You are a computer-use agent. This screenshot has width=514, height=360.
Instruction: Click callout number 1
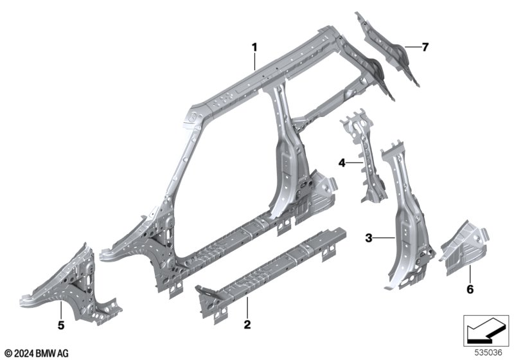(x=254, y=48)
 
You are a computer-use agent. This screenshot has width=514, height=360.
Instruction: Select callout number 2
(x=247, y=325)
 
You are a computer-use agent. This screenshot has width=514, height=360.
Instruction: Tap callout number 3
(x=369, y=238)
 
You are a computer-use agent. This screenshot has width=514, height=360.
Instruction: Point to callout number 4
(x=342, y=163)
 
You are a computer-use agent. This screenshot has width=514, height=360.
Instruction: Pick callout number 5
(x=61, y=325)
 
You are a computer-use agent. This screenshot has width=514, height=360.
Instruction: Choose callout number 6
(x=470, y=289)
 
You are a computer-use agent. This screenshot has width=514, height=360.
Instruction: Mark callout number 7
(x=425, y=47)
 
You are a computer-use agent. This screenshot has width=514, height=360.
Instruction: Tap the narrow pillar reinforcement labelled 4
(x=364, y=154)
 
